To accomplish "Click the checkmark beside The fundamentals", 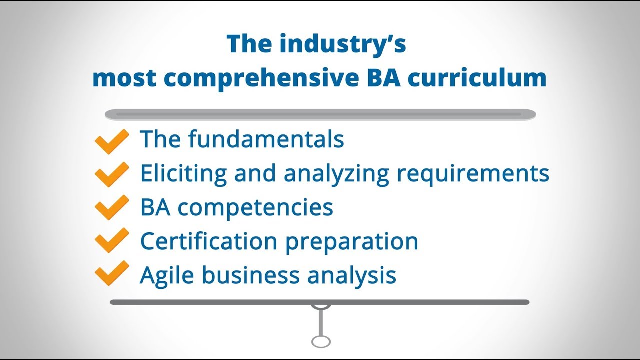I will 111,141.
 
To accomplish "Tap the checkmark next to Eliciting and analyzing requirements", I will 111,174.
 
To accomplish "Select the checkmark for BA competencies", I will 111,208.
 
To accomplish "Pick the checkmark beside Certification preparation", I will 111,241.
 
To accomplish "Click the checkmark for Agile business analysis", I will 111,274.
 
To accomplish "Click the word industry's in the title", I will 343,45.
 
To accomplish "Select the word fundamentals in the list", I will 266,139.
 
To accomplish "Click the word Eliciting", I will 183,173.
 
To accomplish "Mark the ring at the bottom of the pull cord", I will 321,341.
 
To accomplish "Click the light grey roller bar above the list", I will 320,115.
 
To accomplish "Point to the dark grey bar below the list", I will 320,302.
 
